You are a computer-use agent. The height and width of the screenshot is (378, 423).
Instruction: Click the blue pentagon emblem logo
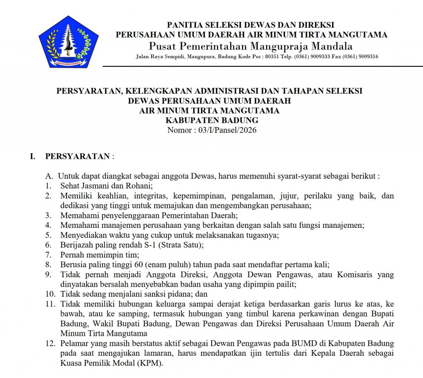coord(68,42)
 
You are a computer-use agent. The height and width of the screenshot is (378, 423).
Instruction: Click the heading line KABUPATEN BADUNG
coord(212,120)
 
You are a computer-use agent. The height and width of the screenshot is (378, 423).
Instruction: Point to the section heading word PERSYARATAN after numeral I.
coord(77,156)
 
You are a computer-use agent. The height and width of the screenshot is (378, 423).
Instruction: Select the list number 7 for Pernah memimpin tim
coord(48,255)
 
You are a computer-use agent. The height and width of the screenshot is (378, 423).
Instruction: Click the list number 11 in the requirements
coord(50,304)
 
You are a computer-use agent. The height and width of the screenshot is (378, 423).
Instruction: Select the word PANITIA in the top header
coord(185,25)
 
